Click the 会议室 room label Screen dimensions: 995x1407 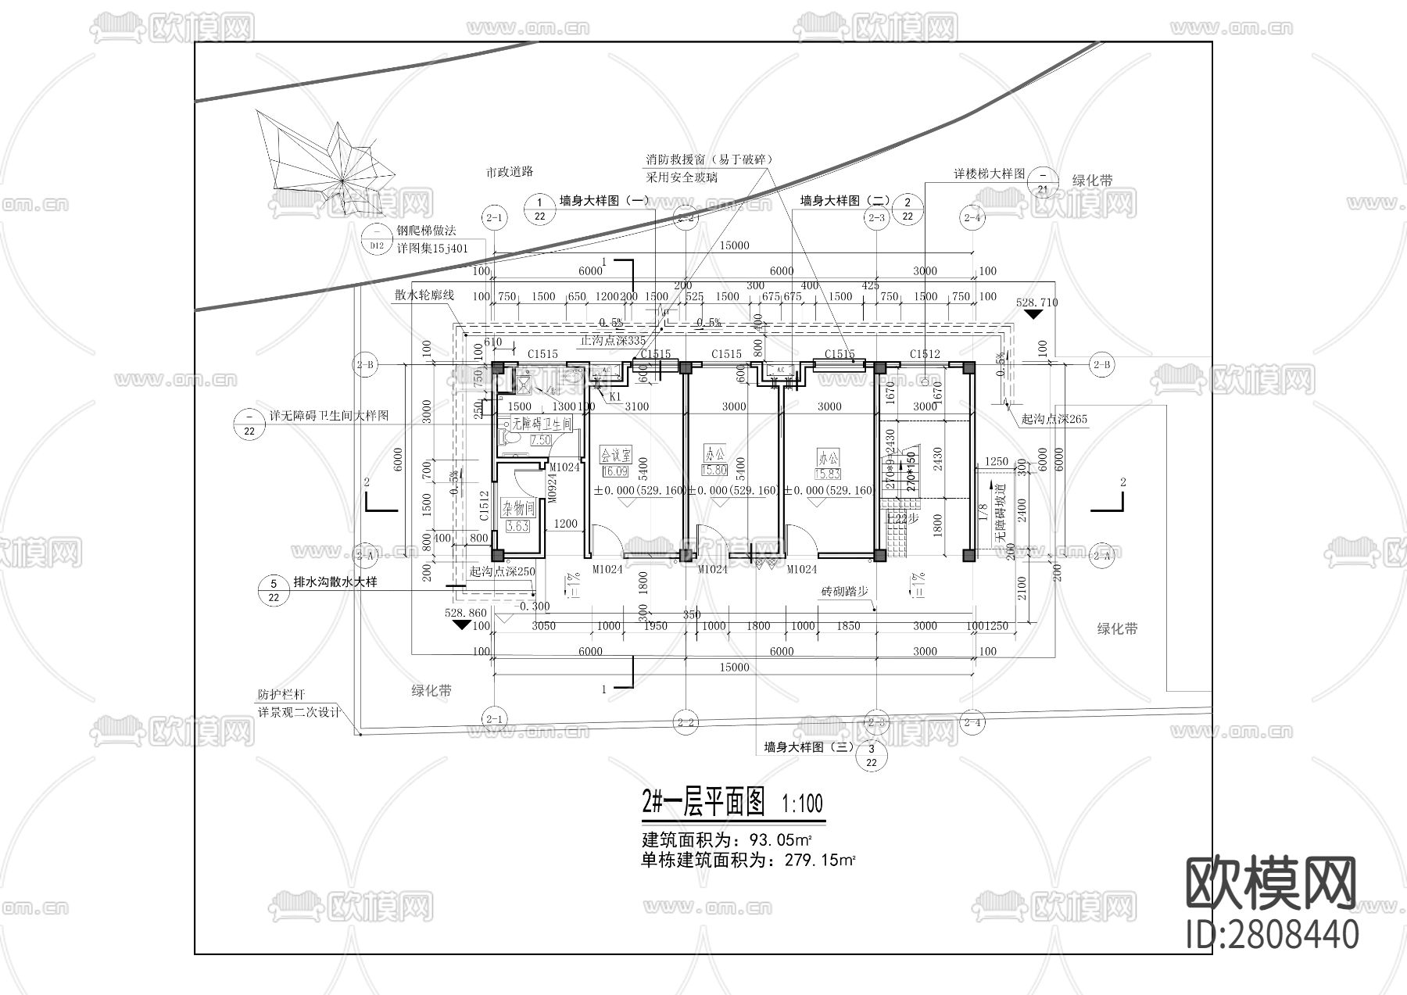click(615, 454)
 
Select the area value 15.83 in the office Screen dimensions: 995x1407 click(828, 474)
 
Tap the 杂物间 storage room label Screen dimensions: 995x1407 click(517, 509)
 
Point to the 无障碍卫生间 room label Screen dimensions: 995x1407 click(541, 423)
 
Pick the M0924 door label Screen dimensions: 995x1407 click(551, 489)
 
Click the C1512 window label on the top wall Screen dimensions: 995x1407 click(925, 354)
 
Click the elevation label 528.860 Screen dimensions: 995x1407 click(465, 614)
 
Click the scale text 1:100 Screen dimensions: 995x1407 click(802, 803)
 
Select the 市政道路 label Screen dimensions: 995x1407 click(509, 171)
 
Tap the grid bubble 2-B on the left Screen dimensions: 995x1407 click(365, 364)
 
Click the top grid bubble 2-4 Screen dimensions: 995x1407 click(972, 217)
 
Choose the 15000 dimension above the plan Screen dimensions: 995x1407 click(734, 245)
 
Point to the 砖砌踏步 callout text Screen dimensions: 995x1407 click(846, 592)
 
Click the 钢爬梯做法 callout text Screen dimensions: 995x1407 click(426, 231)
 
